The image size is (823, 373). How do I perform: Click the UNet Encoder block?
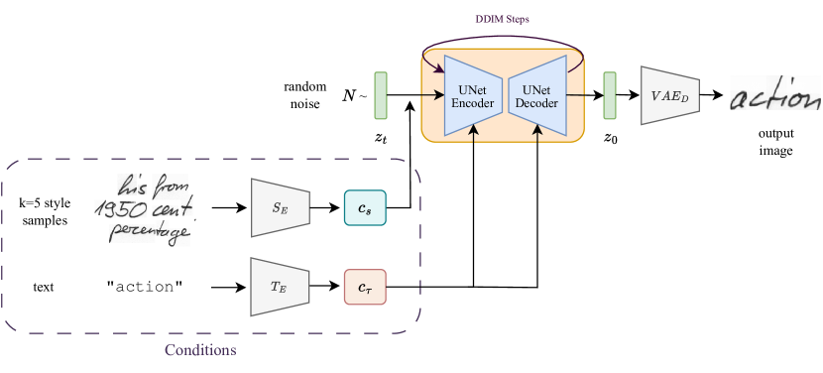pyautogui.click(x=473, y=96)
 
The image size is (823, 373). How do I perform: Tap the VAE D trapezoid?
pyautogui.click(x=670, y=96)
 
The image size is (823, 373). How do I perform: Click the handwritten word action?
pyautogui.click(x=775, y=97)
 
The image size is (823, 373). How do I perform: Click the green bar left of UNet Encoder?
pyautogui.click(x=381, y=96)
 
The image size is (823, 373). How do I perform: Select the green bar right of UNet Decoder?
pyautogui.click(x=609, y=96)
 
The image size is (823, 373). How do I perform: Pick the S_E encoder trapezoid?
pyautogui.click(x=281, y=208)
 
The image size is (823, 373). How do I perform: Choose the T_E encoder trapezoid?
pyautogui.click(x=281, y=287)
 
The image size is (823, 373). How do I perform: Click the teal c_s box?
pyautogui.click(x=364, y=208)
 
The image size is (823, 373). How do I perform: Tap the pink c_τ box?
pyautogui.click(x=364, y=287)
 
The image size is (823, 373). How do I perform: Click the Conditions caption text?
pyautogui.click(x=200, y=351)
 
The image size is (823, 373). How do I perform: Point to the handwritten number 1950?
pyautogui.click(x=120, y=209)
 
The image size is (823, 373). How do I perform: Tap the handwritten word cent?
pyautogui.click(x=174, y=208)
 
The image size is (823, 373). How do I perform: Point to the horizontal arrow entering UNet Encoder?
pyautogui.click(x=431, y=96)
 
